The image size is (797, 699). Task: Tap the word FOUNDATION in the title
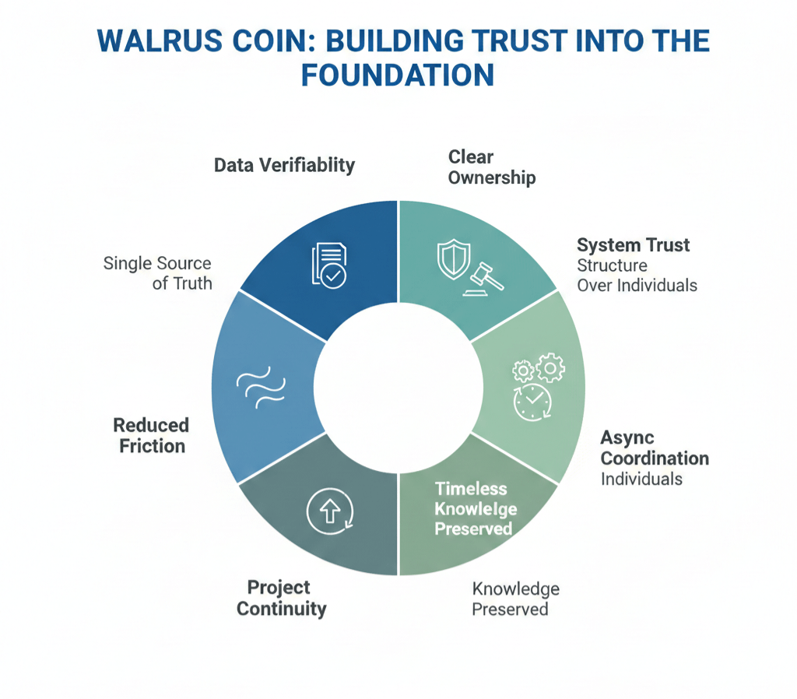(397, 76)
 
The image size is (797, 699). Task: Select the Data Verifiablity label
(284, 165)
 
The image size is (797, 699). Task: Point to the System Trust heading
(634, 245)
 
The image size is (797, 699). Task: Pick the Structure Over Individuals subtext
(637, 276)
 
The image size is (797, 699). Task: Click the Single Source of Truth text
(158, 272)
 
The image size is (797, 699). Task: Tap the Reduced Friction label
(151, 435)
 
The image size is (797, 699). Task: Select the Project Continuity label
(281, 598)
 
